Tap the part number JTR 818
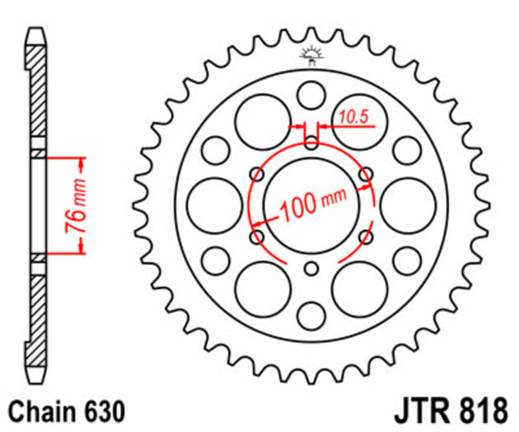pyautogui.click(x=458, y=410)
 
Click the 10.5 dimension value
pyautogui.click(x=352, y=118)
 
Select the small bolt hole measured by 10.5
pyautogui.click(x=311, y=142)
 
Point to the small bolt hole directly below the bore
pyautogui.click(x=311, y=269)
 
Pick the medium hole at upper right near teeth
pyautogui.click(x=406, y=150)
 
